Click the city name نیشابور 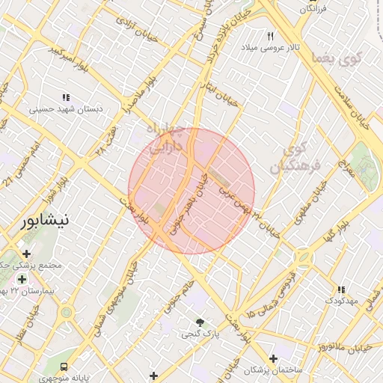(x=45, y=221)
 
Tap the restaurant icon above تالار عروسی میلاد (x=271, y=35)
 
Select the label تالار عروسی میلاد (x=270, y=47)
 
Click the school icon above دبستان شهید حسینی (x=66, y=97)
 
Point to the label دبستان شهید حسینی (x=66, y=109)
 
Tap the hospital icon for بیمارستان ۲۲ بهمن (x=22, y=279)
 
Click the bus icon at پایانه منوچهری (x=64, y=367)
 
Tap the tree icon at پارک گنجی (x=200, y=322)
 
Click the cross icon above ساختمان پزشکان (x=273, y=359)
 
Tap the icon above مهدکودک (x=341, y=289)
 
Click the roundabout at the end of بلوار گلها (x=304, y=257)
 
